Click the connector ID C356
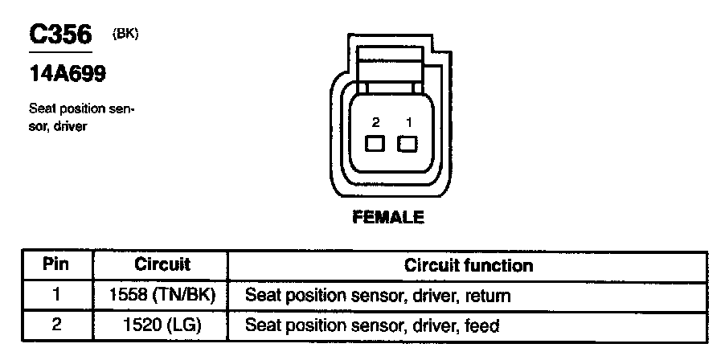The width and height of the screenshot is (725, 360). click(x=61, y=35)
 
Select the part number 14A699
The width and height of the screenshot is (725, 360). click(x=68, y=75)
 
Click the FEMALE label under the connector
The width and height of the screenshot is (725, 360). click(x=387, y=217)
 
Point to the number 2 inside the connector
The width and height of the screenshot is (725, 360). click(x=375, y=122)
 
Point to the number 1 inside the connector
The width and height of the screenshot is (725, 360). click(x=408, y=122)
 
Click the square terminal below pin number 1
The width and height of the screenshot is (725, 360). click(x=408, y=145)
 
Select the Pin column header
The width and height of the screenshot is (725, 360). click(x=55, y=264)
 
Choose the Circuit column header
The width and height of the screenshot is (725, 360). click(x=162, y=264)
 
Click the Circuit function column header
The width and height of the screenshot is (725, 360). click(x=469, y=264)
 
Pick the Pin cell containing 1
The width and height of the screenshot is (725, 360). click(x=55, y=295)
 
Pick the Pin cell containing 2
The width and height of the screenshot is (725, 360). click(x=55, y=325)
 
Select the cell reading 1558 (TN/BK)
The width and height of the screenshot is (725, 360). click(x=162, y=295)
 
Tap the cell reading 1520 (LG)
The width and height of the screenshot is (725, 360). click(x=162, y=325)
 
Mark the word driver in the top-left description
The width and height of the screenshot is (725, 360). click(x=68, y=127)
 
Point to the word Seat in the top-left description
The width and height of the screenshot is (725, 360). click(x=40, y=108)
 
